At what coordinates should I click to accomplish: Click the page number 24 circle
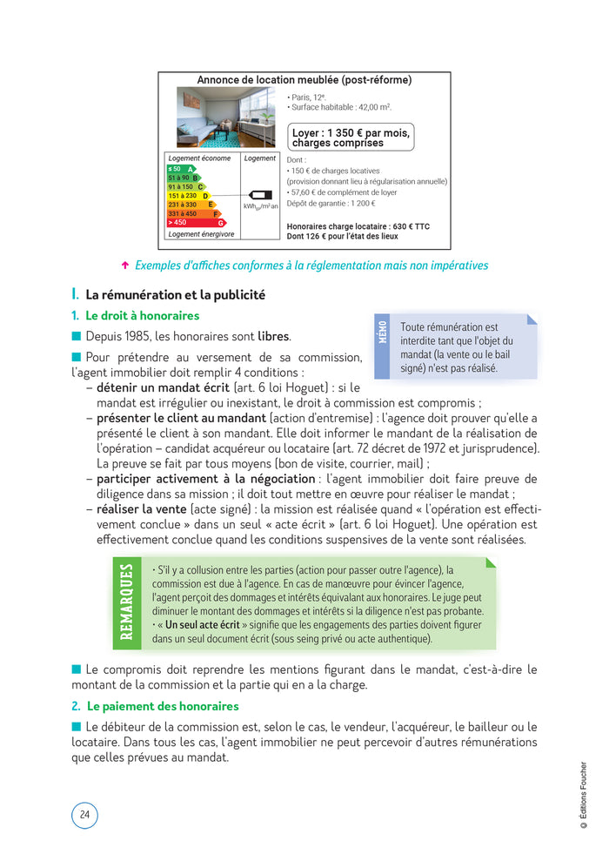pos(84,814)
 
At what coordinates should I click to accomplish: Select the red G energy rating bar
pos(196,223)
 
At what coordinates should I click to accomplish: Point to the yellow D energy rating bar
pos(188,196)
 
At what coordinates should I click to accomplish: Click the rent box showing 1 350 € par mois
pos(350,138)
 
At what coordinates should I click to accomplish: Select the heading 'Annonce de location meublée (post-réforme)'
pos(304,80)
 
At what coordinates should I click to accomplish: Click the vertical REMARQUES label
pos(127,601)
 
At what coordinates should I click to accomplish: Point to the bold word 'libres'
pos(273,336)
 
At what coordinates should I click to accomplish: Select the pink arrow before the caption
pos(125,266)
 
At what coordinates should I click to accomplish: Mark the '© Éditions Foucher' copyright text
pos(583,802)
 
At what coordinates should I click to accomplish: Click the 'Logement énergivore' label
pos(201,234)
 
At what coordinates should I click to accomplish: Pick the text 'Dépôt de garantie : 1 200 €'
pos(331,203)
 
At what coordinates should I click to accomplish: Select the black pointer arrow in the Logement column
pos(258,195)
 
